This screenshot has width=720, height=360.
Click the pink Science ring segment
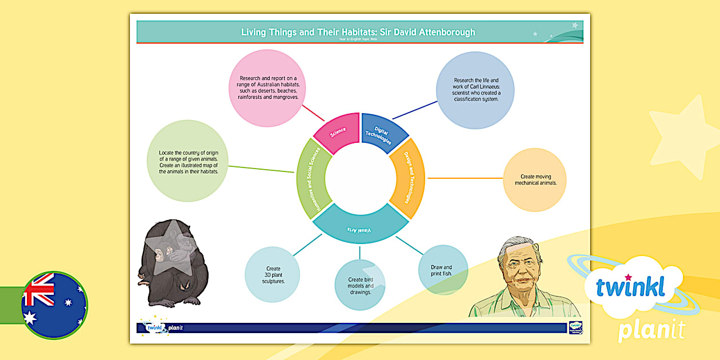(x=337, y=133)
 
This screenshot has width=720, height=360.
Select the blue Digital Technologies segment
(x=383, y=133)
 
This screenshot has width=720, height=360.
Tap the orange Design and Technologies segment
(x=408, y=178)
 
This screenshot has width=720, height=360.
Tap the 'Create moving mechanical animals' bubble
(x=535, y=180)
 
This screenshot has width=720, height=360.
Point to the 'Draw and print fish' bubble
(x=442, y=270)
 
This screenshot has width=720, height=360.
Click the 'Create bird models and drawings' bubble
(x=360, y=285)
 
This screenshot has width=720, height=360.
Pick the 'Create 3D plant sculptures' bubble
(x=273, y=274)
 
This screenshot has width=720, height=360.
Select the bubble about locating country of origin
(x=188, y=161)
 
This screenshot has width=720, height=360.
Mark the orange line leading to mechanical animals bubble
(x=464, y=178)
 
